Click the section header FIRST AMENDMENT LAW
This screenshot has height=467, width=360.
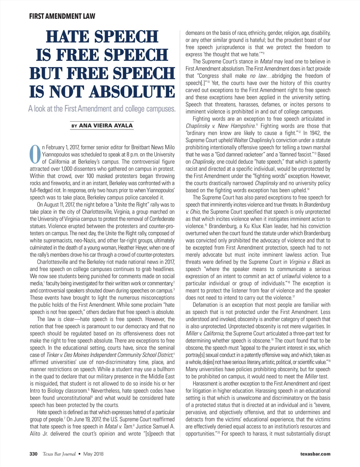point(62,16)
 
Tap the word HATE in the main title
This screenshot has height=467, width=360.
point(68,37)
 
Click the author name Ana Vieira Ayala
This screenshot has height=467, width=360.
point(106,126)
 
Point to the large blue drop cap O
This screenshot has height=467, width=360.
point(35,154)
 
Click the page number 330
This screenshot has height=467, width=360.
point(33,454)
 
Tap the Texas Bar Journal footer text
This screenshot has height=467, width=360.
point(59,454)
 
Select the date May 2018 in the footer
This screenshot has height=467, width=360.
point(93,454)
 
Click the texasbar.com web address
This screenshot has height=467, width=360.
point(315,454)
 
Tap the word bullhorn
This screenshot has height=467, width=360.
point(164,369)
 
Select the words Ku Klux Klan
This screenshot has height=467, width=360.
point(264,226)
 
